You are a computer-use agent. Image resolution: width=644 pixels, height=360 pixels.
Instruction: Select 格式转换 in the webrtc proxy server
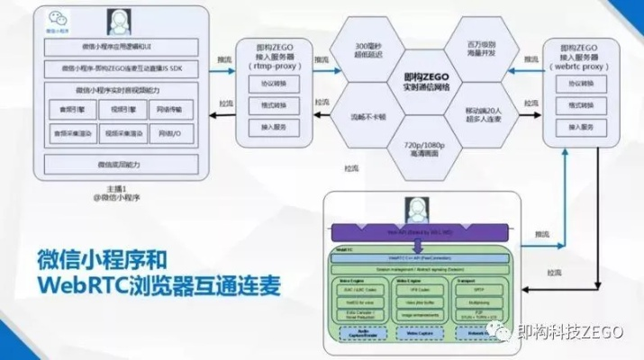(586, 106)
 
